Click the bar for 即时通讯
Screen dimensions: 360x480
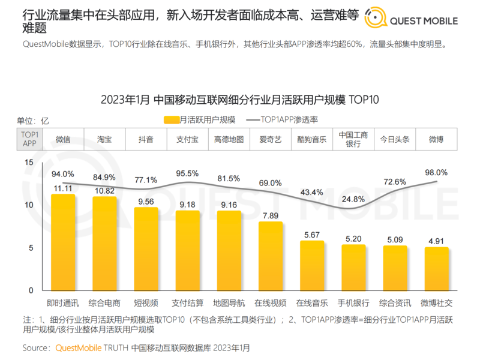(x=62, y=242)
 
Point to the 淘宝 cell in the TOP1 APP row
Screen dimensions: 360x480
(x=104, y=139)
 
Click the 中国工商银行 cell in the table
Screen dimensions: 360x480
(x=353, y=139)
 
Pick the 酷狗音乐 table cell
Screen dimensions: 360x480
(x=311, y=139)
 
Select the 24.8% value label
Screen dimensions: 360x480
(x=353, y=199)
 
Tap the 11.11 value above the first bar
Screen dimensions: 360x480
(x=62, y=188)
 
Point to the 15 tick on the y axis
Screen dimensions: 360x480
(x=29, y=163)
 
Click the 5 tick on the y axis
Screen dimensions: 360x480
(x=31, y=248)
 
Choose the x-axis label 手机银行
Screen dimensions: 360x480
(x=353, y=302)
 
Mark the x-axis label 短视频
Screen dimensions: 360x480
(x=146, y=302)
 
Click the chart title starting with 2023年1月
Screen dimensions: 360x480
(x=240, y=99)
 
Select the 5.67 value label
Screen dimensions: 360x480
(x=311, y=235)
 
